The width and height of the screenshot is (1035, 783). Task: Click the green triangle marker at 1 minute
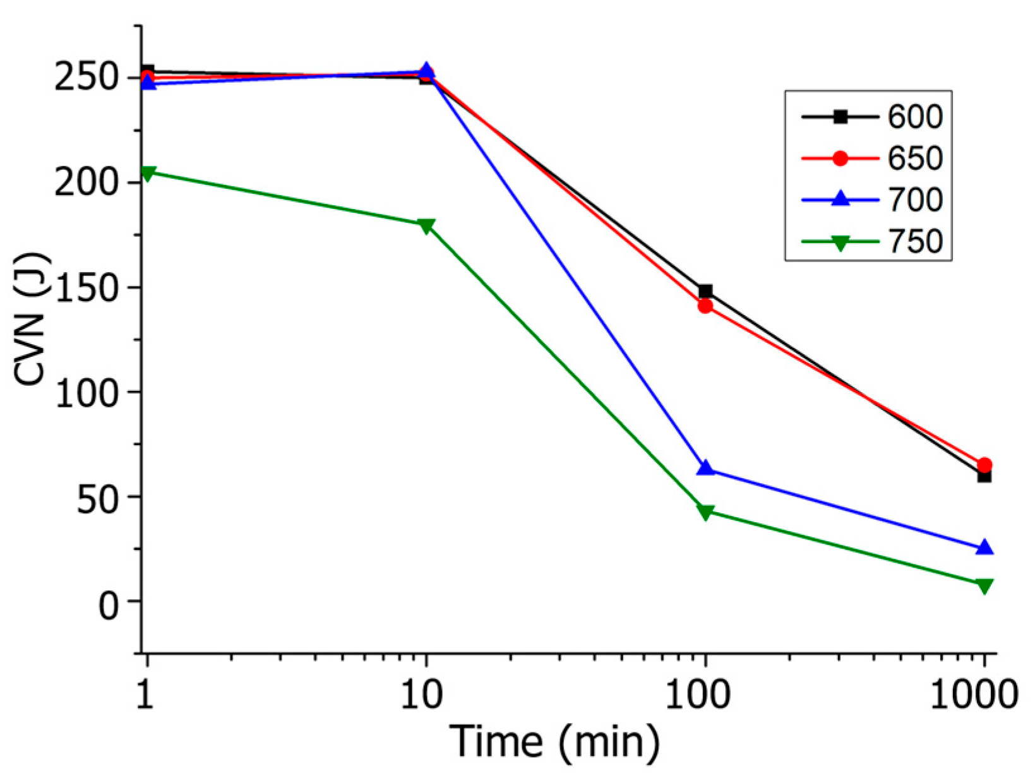tap(147, 174)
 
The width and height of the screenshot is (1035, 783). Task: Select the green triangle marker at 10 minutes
tap(426, 226)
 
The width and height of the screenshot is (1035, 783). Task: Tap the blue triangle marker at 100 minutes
tap(705, 469)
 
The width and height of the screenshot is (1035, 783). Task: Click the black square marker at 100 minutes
tap(705, 291)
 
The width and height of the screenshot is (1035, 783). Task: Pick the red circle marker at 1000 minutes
tap(984, 465)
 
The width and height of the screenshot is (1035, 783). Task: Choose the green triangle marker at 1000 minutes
tap(984, 586)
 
